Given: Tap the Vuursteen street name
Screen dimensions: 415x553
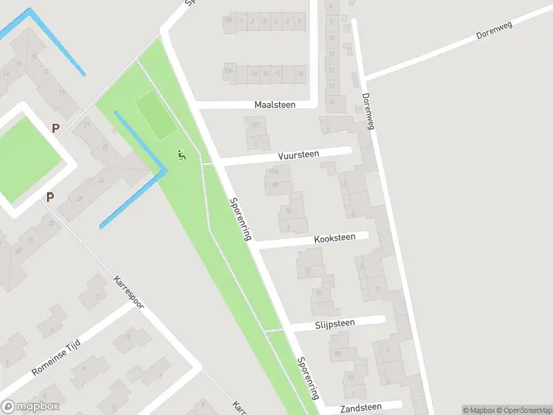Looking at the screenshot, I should pos(299,155).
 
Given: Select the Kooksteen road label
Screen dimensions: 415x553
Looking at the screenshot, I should pos(335,238).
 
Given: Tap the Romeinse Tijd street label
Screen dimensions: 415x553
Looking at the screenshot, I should pos(57,358).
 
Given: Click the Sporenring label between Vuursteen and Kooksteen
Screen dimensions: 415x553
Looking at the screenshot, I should pos(239,219).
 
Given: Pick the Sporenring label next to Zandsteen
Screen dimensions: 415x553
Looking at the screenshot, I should pos(308,378).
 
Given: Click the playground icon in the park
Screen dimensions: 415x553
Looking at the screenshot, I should pos(182,155).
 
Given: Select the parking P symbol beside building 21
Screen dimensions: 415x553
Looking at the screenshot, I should pos(55,128).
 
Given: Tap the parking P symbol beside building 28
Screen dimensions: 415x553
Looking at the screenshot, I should pos(50,197).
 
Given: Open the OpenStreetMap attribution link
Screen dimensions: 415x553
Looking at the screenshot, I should pos(524,410).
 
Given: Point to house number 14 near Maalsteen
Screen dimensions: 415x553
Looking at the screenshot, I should pos(332,102).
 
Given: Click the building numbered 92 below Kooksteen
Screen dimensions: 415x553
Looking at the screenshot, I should pos(308,270).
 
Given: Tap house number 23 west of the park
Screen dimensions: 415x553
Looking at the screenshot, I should pos(105,146).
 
